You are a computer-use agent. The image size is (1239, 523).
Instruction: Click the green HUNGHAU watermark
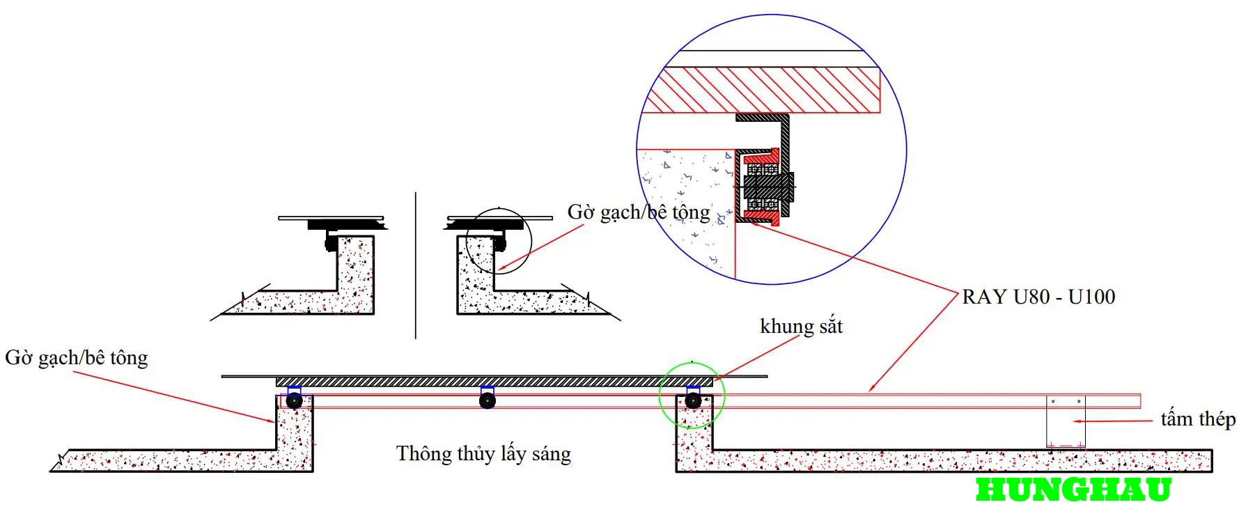(1073, 490)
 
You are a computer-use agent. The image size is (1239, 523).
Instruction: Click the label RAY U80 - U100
(1038, 297)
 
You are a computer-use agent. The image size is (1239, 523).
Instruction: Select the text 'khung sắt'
(801, 326)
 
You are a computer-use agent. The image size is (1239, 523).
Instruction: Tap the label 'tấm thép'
(1198, 419)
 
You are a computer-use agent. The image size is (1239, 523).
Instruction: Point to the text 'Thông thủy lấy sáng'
(483, 454)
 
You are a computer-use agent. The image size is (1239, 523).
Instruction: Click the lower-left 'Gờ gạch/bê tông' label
(77, 358)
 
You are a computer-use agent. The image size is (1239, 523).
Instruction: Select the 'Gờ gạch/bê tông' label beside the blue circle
(639, 212)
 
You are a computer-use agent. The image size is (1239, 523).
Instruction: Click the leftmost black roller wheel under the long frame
(294, 400)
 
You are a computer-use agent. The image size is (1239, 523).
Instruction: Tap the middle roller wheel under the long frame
(488, 400)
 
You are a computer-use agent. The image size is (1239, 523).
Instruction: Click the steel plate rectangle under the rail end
(1066, 422)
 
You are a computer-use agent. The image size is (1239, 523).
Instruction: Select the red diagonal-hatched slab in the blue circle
(763, 90)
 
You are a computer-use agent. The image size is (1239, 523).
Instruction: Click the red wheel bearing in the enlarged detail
(763, 187)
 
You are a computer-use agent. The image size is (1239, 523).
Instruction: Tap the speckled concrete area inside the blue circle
(686, 209)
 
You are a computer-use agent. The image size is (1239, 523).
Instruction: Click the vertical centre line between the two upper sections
(416, 265)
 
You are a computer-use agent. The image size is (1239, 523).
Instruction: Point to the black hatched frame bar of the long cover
(494, 382)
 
